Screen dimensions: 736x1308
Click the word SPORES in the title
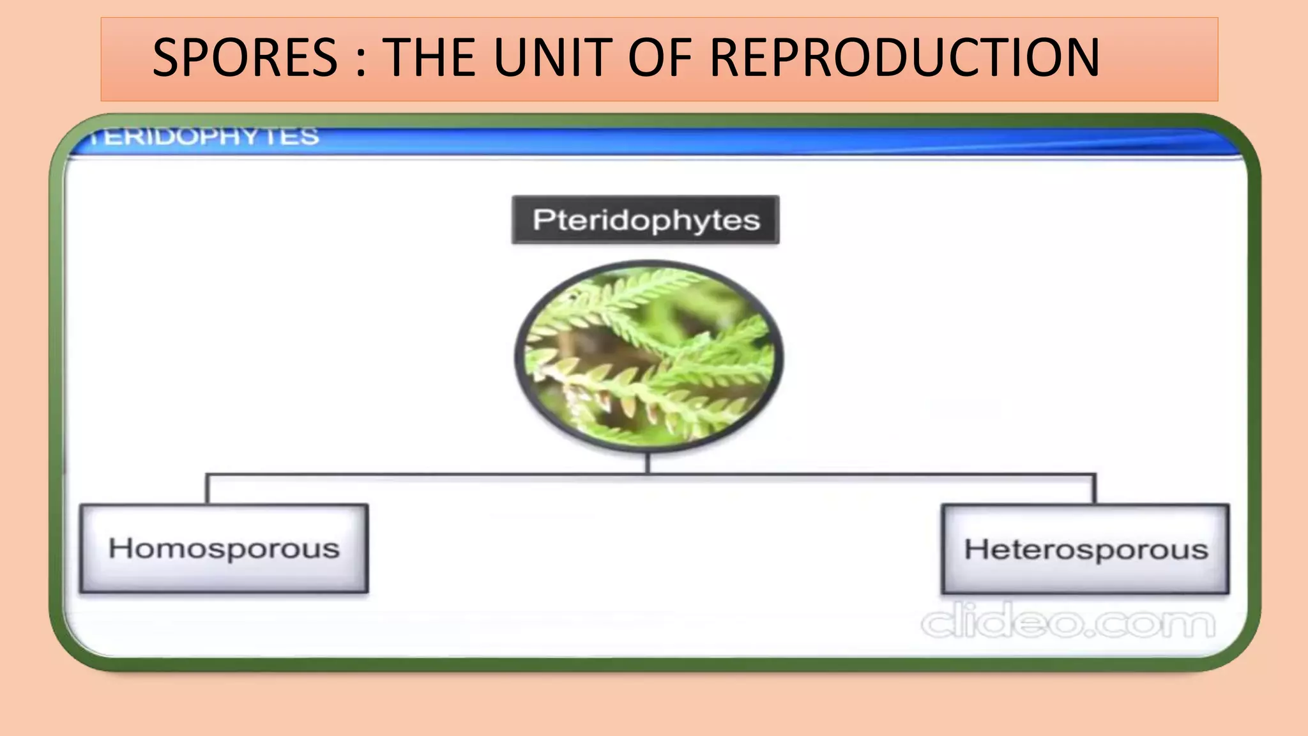(245, 58)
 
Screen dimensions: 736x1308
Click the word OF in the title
(660, 58)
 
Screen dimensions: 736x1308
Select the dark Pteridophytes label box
(645, 220)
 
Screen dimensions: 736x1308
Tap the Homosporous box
(224, 549)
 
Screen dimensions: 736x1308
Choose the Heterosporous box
(1085, 549)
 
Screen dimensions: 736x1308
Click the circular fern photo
(648, 356)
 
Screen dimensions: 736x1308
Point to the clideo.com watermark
(1068, 622)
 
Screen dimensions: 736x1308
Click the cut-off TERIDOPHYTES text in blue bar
(204, 136)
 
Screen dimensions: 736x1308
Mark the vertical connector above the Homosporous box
(207, 489)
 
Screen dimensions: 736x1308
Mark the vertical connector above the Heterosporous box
(1095, 489)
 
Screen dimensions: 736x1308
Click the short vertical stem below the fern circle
(648, 463)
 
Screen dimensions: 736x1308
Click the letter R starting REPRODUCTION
(727, 58)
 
